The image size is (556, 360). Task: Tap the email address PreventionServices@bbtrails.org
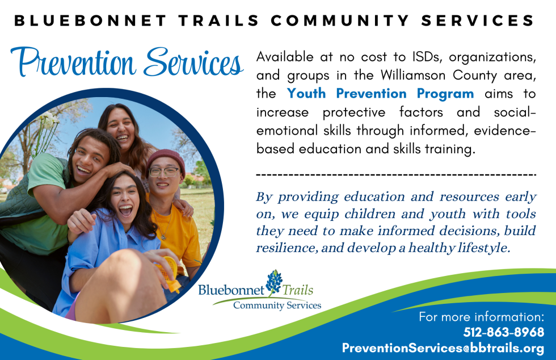point(443,348)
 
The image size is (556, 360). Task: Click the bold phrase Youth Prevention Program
point(380,93)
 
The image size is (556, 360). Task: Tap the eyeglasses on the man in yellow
point(164,171)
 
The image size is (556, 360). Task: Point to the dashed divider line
point(396,173)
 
